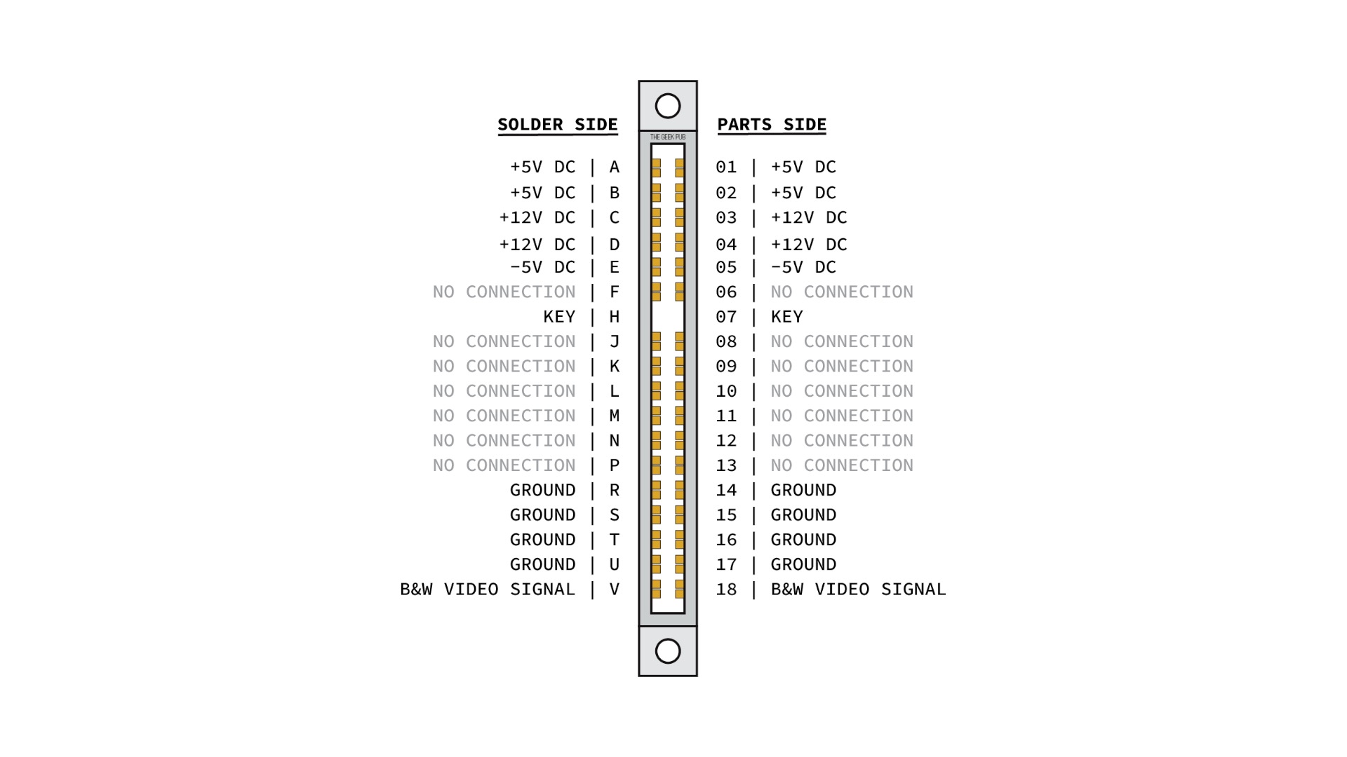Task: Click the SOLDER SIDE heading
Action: coord(558,125)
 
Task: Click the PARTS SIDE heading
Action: coord(772,125)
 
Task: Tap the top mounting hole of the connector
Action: coord(668,106)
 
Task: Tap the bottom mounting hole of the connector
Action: coord(668,651)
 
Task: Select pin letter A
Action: coord(615,167)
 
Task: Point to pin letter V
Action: coord(615,589)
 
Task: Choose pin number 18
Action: coord(726,589)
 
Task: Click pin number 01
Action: coord(726,167)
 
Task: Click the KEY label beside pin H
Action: coord(559,317)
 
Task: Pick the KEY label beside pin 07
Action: coord(786,317)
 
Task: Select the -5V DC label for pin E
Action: coord(542,267)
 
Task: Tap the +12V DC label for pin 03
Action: coord(809,217)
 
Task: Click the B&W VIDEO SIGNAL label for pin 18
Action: coord(858,589)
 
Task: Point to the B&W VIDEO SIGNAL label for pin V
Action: coord(488,589)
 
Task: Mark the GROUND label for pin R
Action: coord(542,490)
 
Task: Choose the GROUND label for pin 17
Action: coord(803,564)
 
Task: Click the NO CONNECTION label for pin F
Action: coord(504,292)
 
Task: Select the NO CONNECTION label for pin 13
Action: coord(842,465)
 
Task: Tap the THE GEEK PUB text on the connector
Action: coord(668,137)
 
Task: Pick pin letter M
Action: coord(615,416)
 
